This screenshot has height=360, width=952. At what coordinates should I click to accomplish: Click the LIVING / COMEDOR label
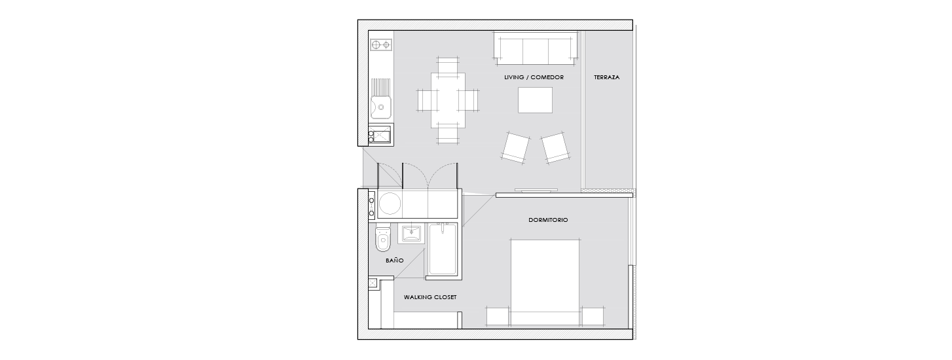[x=534, y=77]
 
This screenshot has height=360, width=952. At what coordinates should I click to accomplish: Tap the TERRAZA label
[x=606, y=77]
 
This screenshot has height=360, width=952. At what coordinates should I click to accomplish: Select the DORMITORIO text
[x=548, y=220]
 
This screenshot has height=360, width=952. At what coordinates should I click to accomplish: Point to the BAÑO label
[x=394, y=260]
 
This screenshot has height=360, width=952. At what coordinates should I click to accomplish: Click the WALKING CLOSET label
[x=430, y=297]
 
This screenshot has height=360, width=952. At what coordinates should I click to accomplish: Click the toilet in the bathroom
[x=383, y=238]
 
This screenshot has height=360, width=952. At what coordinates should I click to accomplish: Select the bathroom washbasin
[x=411, y=234]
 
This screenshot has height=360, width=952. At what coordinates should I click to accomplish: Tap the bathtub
[x=443, y=249]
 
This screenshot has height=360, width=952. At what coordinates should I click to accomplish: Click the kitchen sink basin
[x=83, y=107]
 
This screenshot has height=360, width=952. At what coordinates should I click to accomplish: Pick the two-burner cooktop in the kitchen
[x=83, y=45]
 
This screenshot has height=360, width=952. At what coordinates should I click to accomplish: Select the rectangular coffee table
[x=535, y=100]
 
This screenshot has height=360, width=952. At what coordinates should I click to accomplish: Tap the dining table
[x=448, y=100]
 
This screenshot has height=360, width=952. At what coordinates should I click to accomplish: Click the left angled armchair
[x=515, y=147]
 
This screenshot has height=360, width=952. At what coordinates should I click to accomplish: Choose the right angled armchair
[x=555, y=147]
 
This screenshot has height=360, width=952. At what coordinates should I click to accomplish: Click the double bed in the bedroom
[x=545, y=283]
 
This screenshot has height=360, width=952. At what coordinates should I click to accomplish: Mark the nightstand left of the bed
[x=498, y=317]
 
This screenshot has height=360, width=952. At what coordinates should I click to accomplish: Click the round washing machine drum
[x=92, y=203]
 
